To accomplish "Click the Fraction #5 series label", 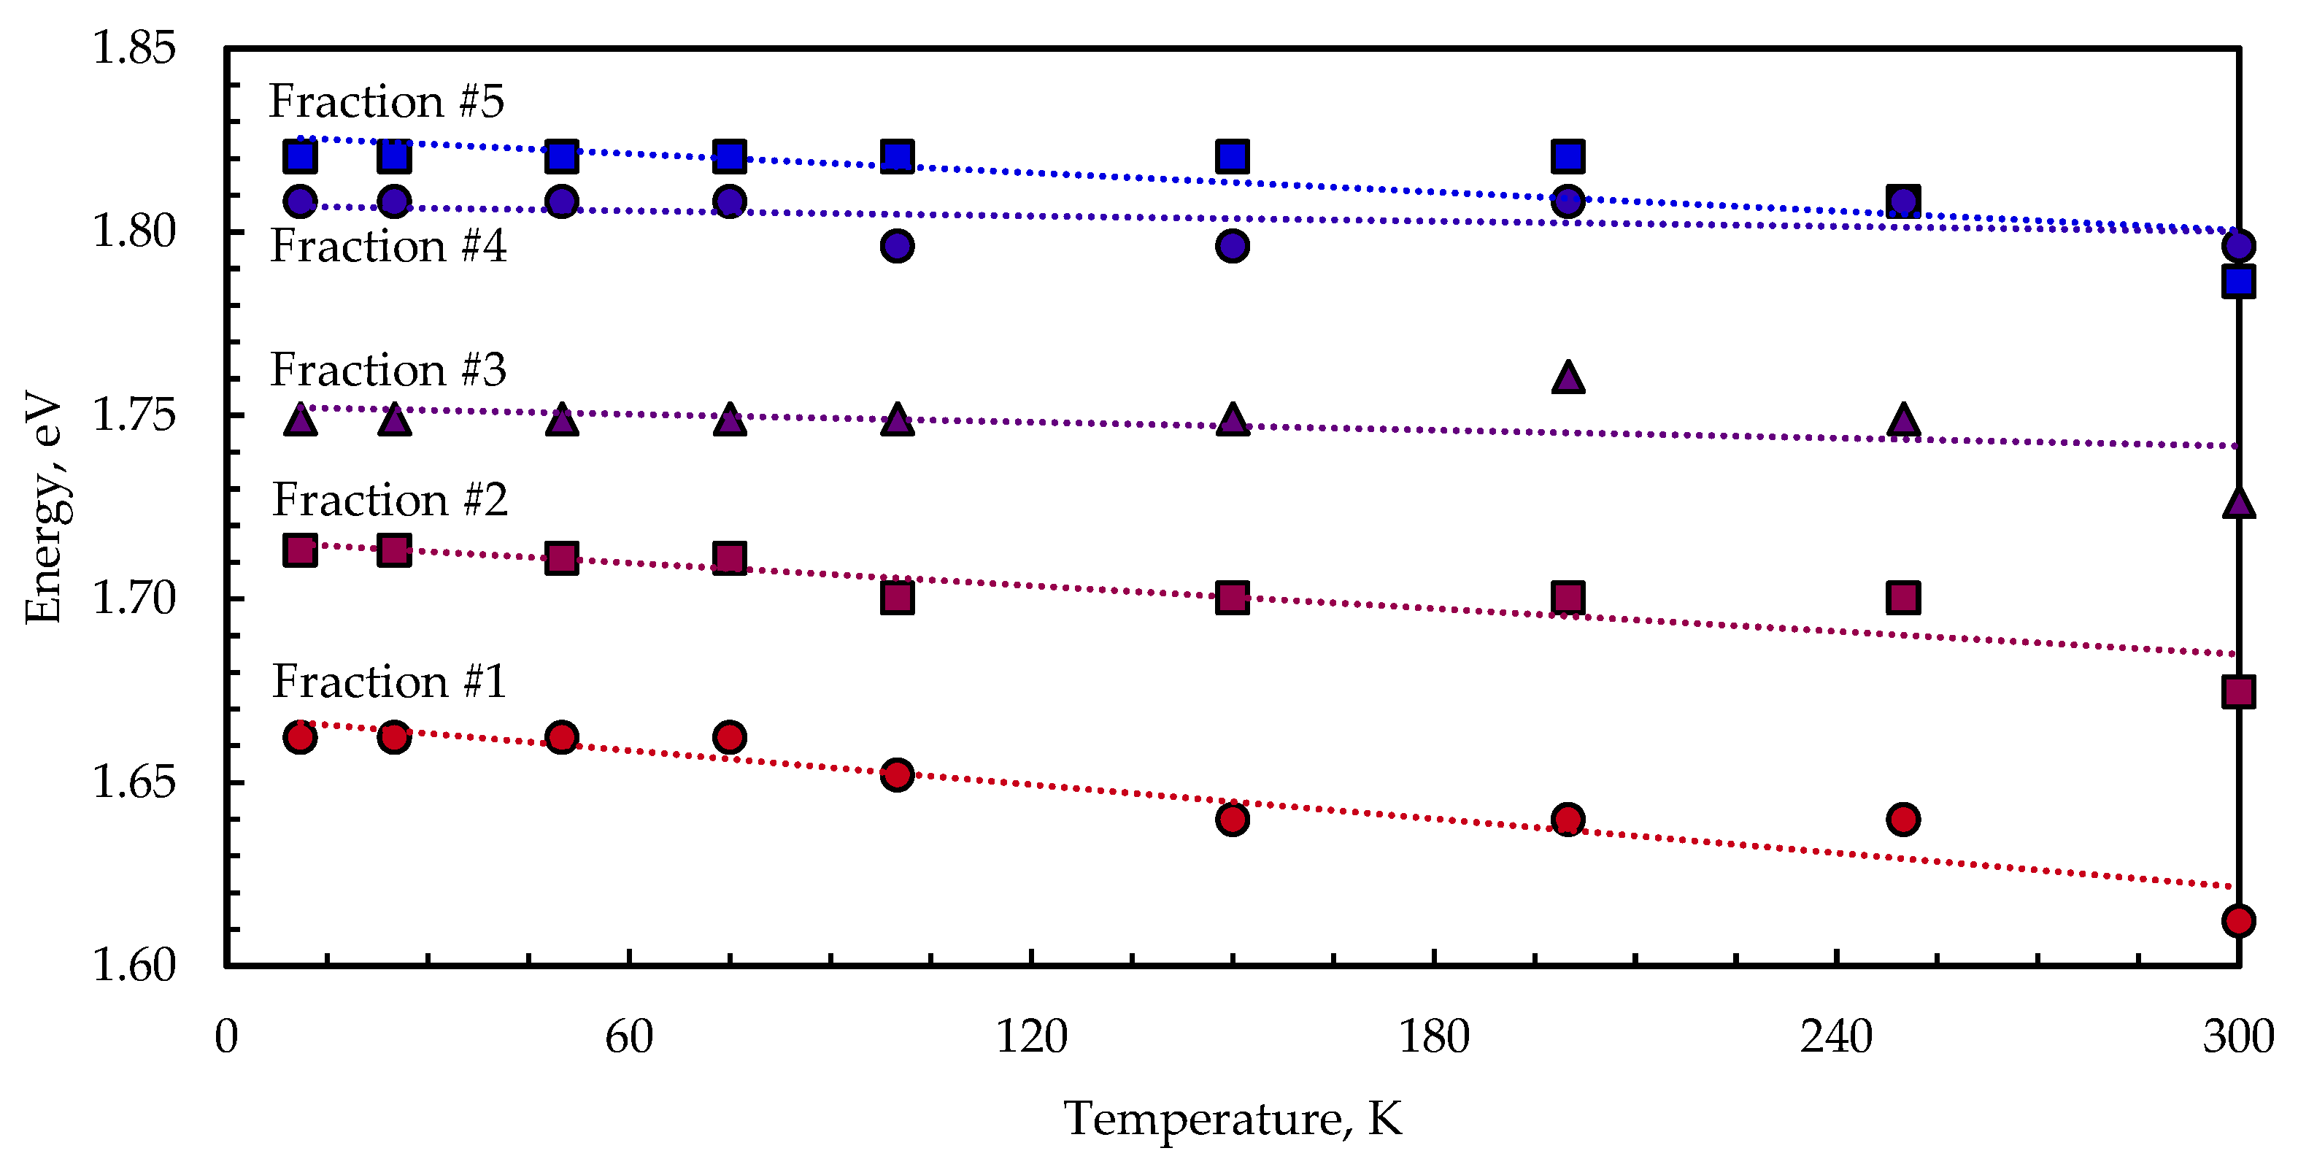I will [x=386, y=101].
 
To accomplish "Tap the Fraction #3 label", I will [x=388, y=369].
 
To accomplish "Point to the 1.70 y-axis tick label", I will [x=134, y=598].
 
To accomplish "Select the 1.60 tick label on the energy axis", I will [x=134, y=966].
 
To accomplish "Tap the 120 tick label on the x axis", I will [x=1031, y=1037].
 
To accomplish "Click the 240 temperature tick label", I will [x=1836, y=1037].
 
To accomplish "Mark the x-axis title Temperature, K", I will [x=1232, y=1118].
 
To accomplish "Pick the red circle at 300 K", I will [x=2238, y=920].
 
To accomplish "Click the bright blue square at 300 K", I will [x=2238, y=282].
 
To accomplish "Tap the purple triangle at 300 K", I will [x=2238, y=503].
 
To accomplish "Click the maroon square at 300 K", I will [x=2238, y=691].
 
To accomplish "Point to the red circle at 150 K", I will [x=1232, y=818].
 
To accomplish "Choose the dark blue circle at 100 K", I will [x=897, y=245].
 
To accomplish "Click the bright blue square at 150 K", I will [x=1232, y=156].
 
